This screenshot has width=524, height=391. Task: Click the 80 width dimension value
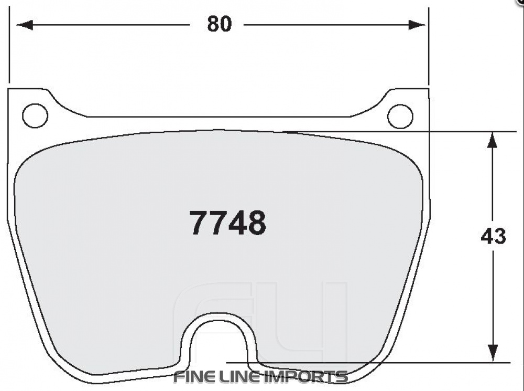click(219, 24)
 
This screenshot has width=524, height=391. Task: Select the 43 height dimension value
click(493, 237)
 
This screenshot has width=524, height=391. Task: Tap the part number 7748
click(227, 223)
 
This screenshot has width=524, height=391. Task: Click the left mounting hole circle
click(35, 116)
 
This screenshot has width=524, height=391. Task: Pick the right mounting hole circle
click(400, 116)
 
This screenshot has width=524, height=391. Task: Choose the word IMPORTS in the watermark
click(308, 377)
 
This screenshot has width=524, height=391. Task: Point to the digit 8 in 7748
click(256, 223)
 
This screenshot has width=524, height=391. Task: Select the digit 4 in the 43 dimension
click(487, 237)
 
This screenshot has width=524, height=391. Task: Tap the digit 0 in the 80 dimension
click(225, 24)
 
